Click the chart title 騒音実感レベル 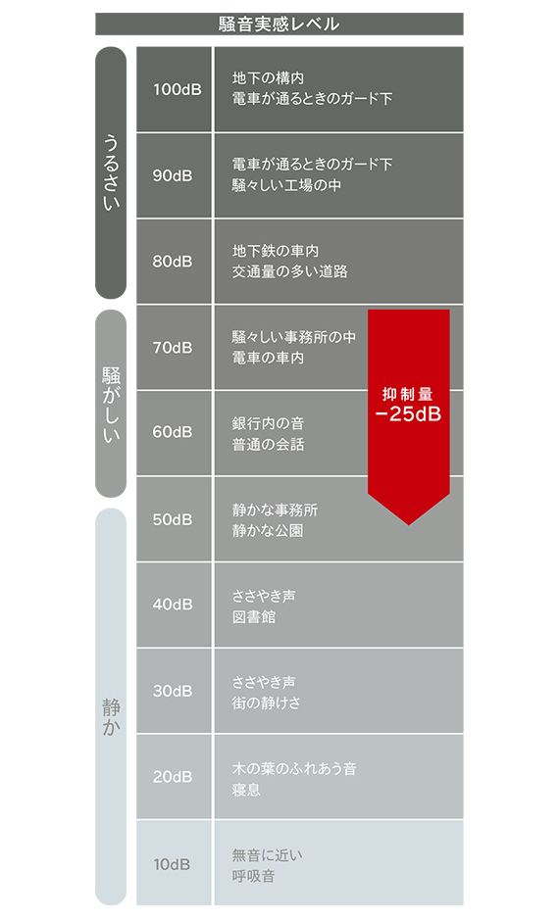[279, 24]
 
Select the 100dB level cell [174, 89]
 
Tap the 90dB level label [173, 175]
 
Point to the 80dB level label [173, 262]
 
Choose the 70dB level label [173, 348]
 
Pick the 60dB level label [173, 432]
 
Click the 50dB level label [173, 520]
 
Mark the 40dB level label [173, 605]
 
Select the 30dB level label [173, 691]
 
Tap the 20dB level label [173, 777]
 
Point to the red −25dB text [408, 414]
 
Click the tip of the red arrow [409, 524]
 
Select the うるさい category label [111, 172]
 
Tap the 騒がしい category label [111, 405]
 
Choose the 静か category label [111, 716]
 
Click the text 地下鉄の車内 [276, 251]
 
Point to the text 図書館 [253, 616]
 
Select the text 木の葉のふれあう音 [294, 768]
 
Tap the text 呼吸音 [253, 876]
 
